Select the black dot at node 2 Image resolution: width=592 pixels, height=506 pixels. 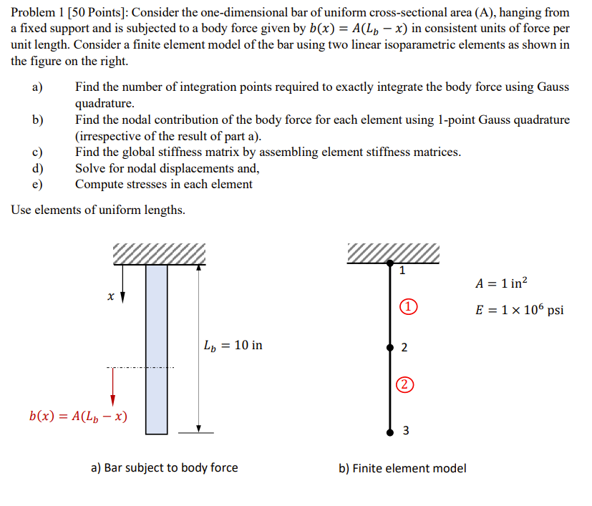pos(390,347)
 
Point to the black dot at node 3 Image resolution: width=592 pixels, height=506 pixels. pos(390,432)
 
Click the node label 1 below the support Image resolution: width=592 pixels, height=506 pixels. pos(402,271)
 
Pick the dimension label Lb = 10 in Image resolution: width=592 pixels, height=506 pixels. pos(233,345)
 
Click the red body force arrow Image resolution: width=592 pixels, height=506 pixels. pos(112,387)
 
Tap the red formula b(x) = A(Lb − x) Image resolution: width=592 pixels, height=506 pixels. pos(79,416)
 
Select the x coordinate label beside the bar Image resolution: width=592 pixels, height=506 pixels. pos(110,295)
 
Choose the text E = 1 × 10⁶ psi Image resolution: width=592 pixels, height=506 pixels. pos(519,310)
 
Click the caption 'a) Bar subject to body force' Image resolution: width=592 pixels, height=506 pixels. pos(164,468)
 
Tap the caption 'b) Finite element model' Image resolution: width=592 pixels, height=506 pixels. pos(402,468)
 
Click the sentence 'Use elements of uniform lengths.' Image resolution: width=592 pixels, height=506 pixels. pos(98,210)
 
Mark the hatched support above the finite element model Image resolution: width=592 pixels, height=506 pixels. pos(392,253)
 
